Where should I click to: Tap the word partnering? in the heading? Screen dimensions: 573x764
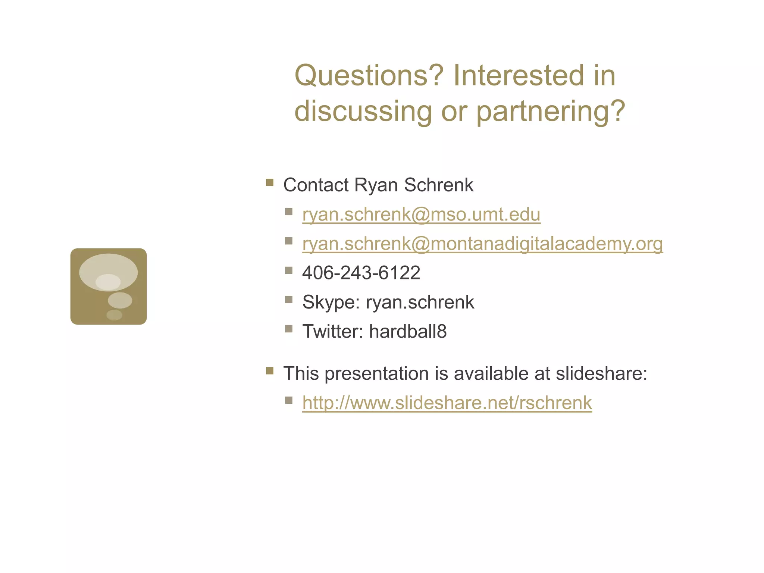(551, 111)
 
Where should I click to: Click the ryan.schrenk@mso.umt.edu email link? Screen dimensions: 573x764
(421, 215)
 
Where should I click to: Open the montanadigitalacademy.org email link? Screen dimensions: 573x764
(482, 244)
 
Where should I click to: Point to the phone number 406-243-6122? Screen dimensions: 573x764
(361, 273)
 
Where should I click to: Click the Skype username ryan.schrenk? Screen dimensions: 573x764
(420, 302)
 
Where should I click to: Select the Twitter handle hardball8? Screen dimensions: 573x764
(408, 331)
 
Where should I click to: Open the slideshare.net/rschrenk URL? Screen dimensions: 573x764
(447, 403)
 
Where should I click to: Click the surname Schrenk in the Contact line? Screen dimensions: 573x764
(439, 185)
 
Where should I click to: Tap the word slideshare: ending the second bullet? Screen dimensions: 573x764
(601, 373)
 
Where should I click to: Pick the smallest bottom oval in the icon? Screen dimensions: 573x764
(114, 315)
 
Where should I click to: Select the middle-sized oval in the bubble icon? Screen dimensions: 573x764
(120, 300)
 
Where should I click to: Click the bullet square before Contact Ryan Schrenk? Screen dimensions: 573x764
(270, 183)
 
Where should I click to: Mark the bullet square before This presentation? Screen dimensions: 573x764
(270, 371)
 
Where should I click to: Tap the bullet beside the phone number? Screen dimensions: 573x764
(288, 270)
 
